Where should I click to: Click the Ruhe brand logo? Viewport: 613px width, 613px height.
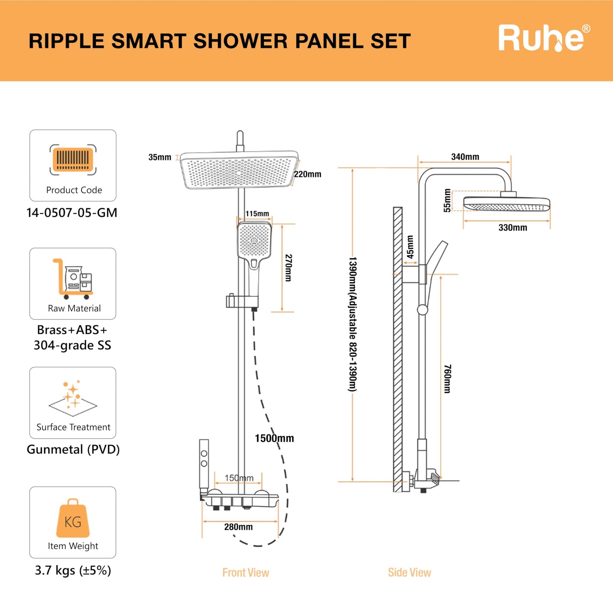coord(543,38)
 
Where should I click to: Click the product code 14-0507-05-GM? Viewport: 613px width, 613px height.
coord(72,213)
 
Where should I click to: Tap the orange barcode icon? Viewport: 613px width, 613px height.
coord(73,160)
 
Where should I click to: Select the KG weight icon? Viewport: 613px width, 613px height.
coord(73,518)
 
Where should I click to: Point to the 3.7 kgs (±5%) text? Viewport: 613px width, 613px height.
coord(73,571)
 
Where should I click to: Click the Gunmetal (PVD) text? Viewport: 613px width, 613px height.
coord(73,449)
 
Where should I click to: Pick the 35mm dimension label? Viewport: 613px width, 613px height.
coord(160,157)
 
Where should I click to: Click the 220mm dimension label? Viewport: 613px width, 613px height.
coord(308,174)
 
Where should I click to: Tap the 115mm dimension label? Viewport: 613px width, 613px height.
coord(257,214)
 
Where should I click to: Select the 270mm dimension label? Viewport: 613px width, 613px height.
coord(288,268)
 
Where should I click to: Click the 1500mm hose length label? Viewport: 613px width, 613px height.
coord(274,438)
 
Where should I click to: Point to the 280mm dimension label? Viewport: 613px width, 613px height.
coord(238,527)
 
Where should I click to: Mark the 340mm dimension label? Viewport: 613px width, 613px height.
coord(465,157)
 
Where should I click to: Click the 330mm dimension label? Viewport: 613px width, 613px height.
coord(512,228)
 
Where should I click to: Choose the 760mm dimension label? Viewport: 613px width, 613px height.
coord(447,378)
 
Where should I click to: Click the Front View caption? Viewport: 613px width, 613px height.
coord(246,573)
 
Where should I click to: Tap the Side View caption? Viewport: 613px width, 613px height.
coord(409,573)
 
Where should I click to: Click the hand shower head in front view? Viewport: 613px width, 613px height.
coord(254,241)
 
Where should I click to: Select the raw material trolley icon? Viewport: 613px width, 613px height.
coord(73,278)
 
